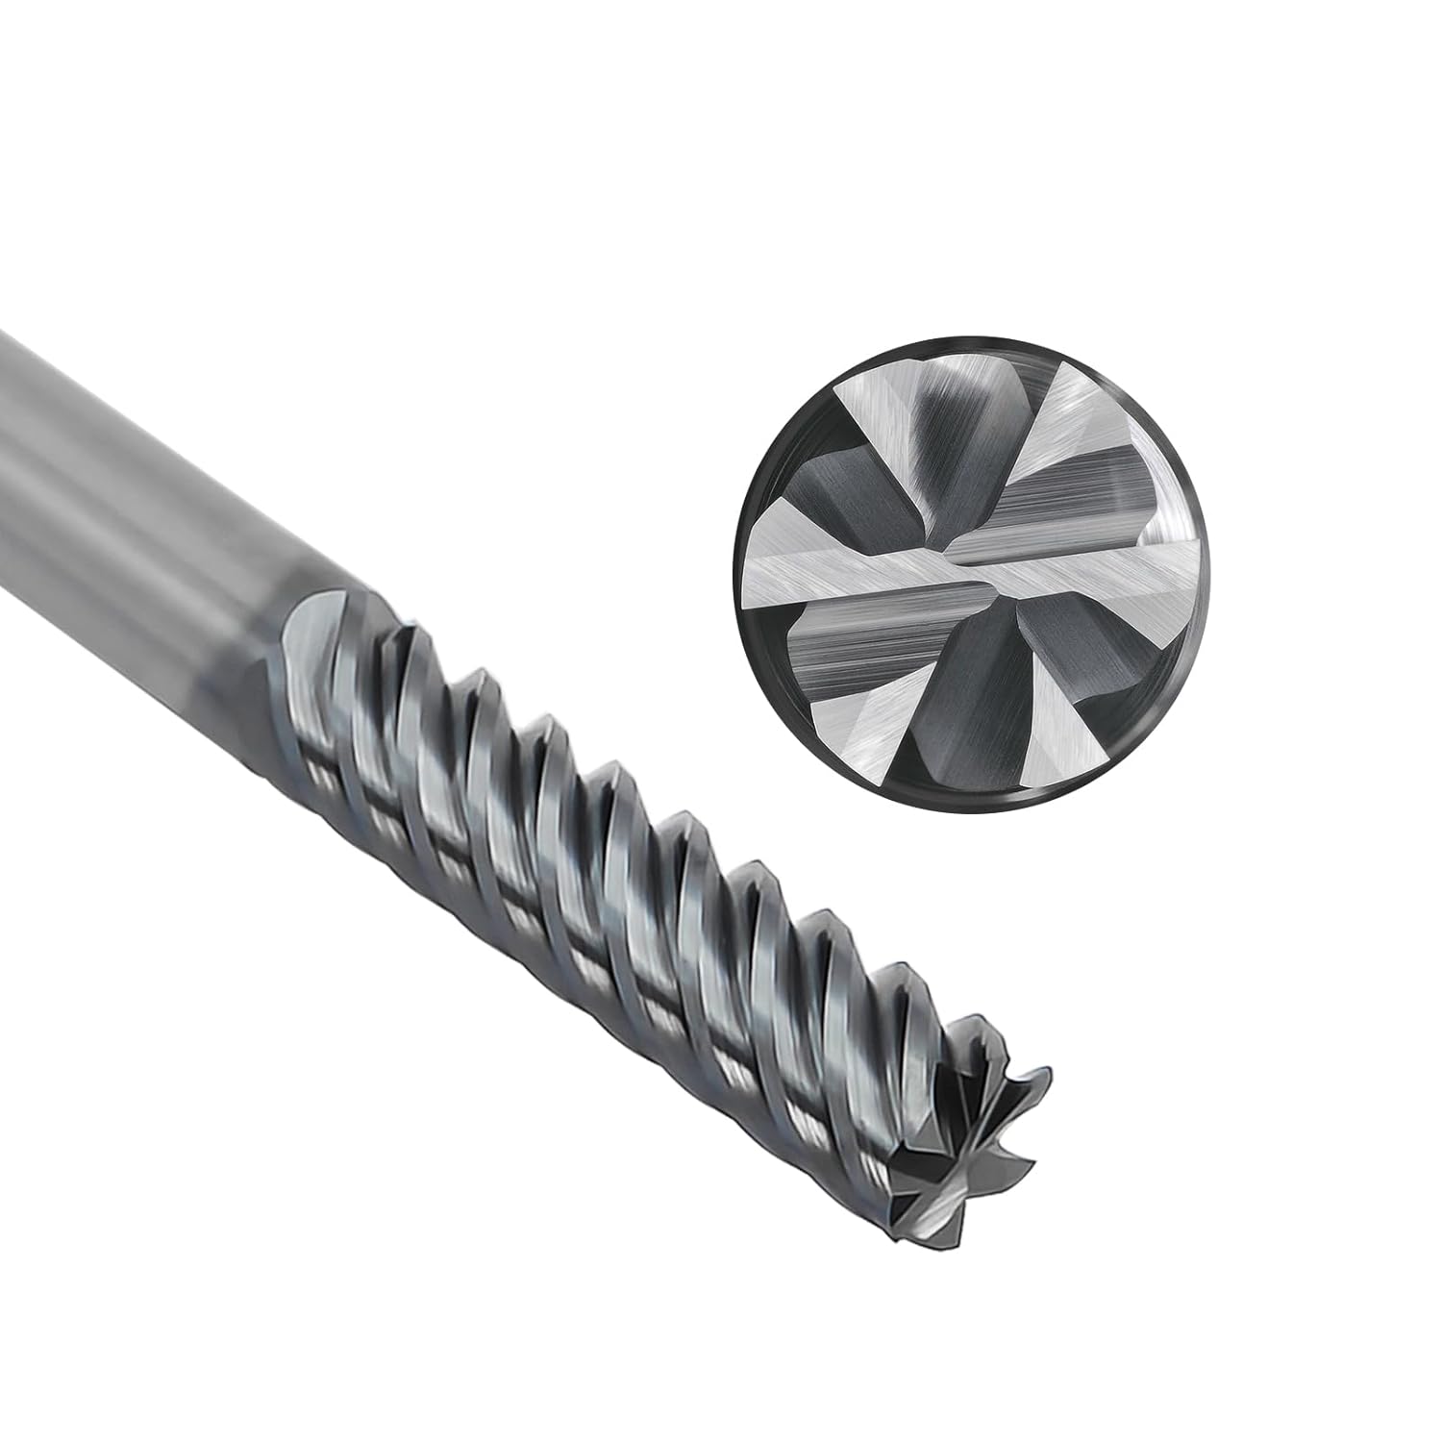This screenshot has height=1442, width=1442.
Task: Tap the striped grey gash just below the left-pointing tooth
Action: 846,654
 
